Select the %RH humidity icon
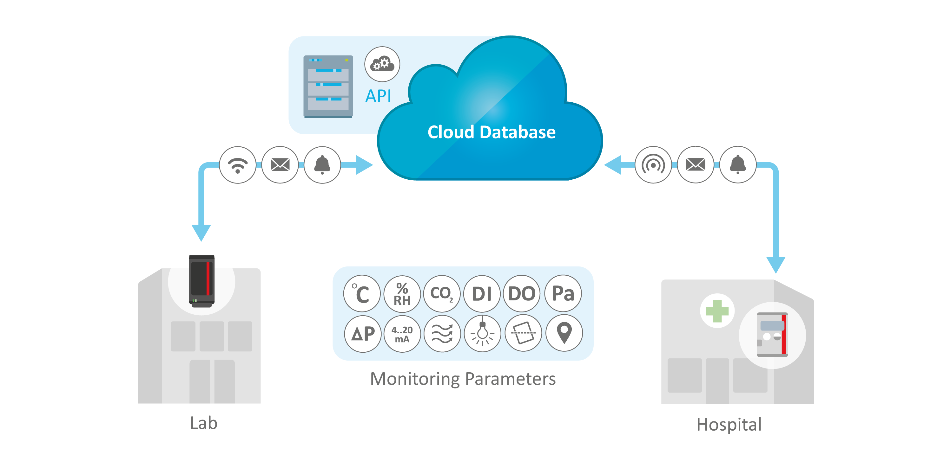[x=402, y=294]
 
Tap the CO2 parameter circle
[x=442, y=294]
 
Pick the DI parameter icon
[x=482, y=294]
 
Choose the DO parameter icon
[x=522, y=294]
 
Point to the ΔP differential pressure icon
[x=362, y=334]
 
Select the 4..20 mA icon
[x=402, y=334]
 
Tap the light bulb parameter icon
[x=482, y=334]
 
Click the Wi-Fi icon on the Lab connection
[x=238, y=165]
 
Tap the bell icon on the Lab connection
[x=322, y=165]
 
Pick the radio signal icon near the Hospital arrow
[x=653, y=165]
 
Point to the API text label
[x=378, y=96]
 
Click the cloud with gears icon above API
[x=382, y=64]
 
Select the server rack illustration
[x=328, y=87]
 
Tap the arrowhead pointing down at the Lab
[x=201, y=233]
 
